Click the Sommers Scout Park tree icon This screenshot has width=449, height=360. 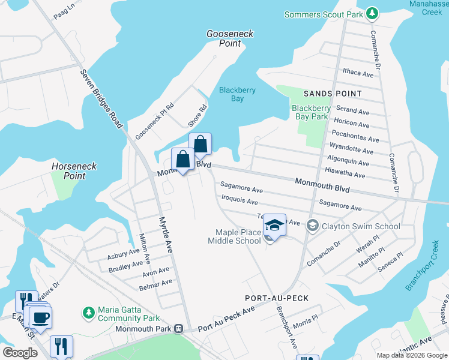click(x=372, y=13)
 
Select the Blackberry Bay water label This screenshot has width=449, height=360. click(x=237, y=94)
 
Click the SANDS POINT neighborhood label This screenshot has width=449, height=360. click(x=333, y=94)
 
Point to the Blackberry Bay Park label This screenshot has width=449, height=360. click(x=310, y=112)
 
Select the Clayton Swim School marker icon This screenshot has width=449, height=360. click(x=312, y=226)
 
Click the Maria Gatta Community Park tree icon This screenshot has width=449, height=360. click(x=89, y=313)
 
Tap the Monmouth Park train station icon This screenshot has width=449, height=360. click(x=178, y=329)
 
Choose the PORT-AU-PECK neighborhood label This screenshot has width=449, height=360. click(x=277, y=298)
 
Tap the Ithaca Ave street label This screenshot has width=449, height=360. click(x=358, y=73)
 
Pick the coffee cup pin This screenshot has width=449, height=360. click(x=40, y=318)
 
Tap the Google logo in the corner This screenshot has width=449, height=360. click(x=20, y=352)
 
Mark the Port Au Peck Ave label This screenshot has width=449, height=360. click(x=226, y=319)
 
